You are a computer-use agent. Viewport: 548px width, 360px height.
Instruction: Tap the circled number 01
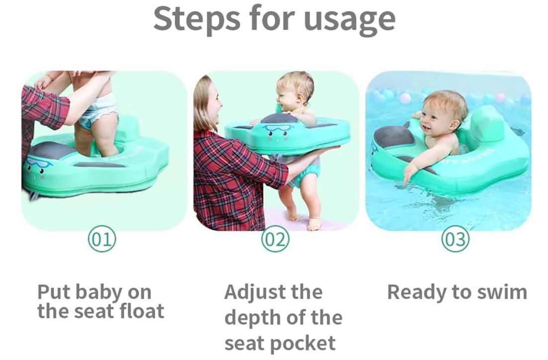pos(102,240)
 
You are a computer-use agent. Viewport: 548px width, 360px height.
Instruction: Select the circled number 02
pos(275,240)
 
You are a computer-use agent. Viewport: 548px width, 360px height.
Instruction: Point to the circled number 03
pos(455,240)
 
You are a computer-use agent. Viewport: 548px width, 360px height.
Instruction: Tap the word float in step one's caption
pos(142,311)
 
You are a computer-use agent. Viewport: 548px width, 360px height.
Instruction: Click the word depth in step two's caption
pos(253,317)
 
